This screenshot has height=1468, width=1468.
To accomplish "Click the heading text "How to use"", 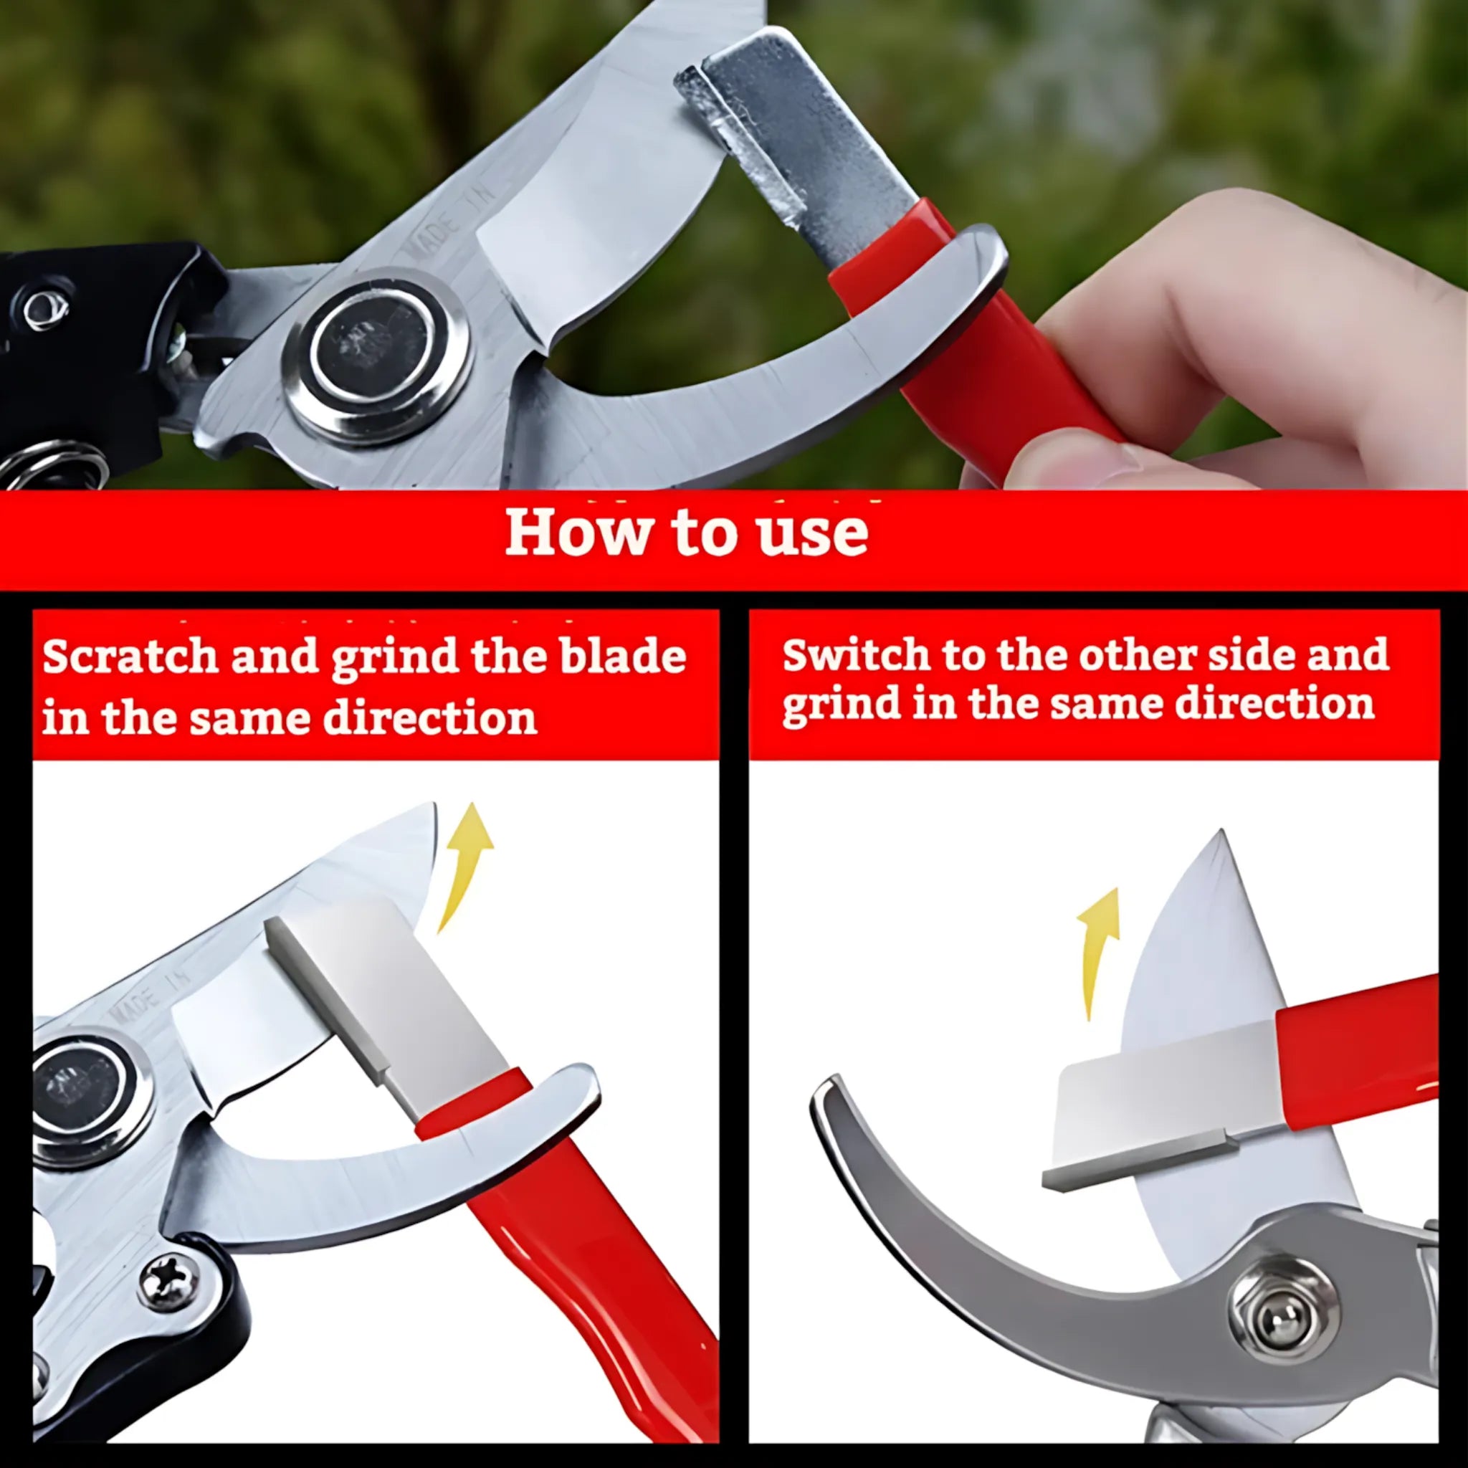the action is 686,531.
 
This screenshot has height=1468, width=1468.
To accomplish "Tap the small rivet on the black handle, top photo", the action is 46,308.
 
